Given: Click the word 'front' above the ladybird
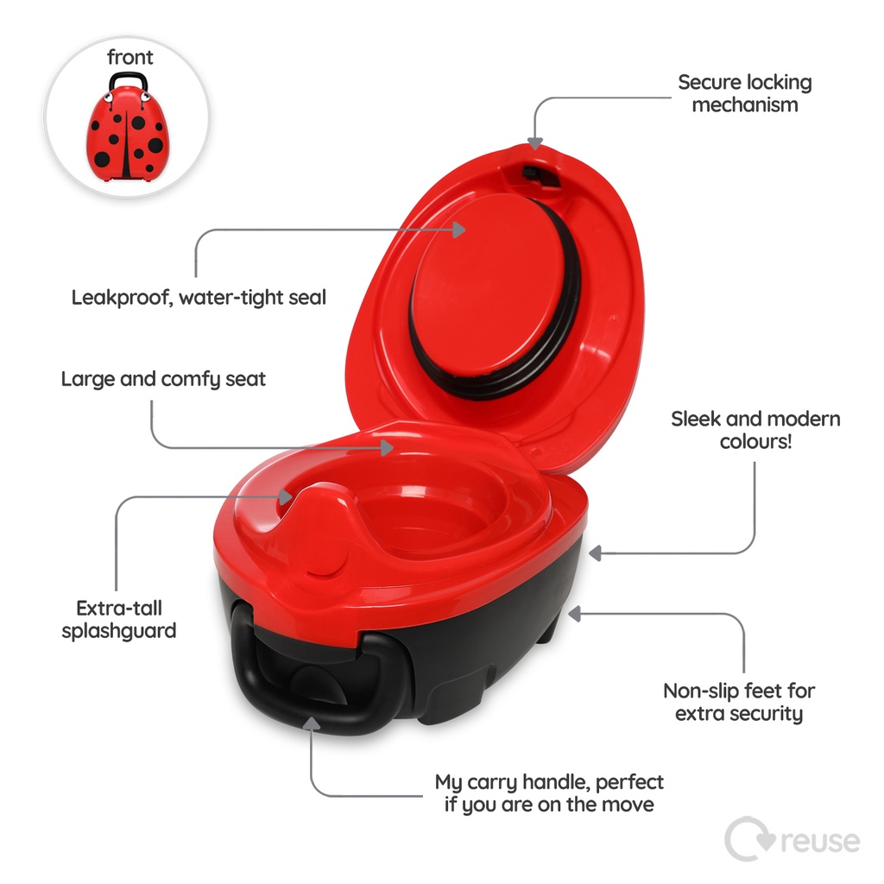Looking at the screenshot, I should [x=130, y=58].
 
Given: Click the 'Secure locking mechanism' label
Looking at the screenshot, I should [x=744, y=93].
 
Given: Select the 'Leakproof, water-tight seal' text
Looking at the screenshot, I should [x=199, y=298].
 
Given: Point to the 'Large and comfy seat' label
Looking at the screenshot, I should [x=163, y=379].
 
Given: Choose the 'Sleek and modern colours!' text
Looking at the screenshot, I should [x=755, y=430].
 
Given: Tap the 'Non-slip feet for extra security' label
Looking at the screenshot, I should [x=739, y=702].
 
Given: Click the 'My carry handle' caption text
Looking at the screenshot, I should [x=549, y=793].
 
